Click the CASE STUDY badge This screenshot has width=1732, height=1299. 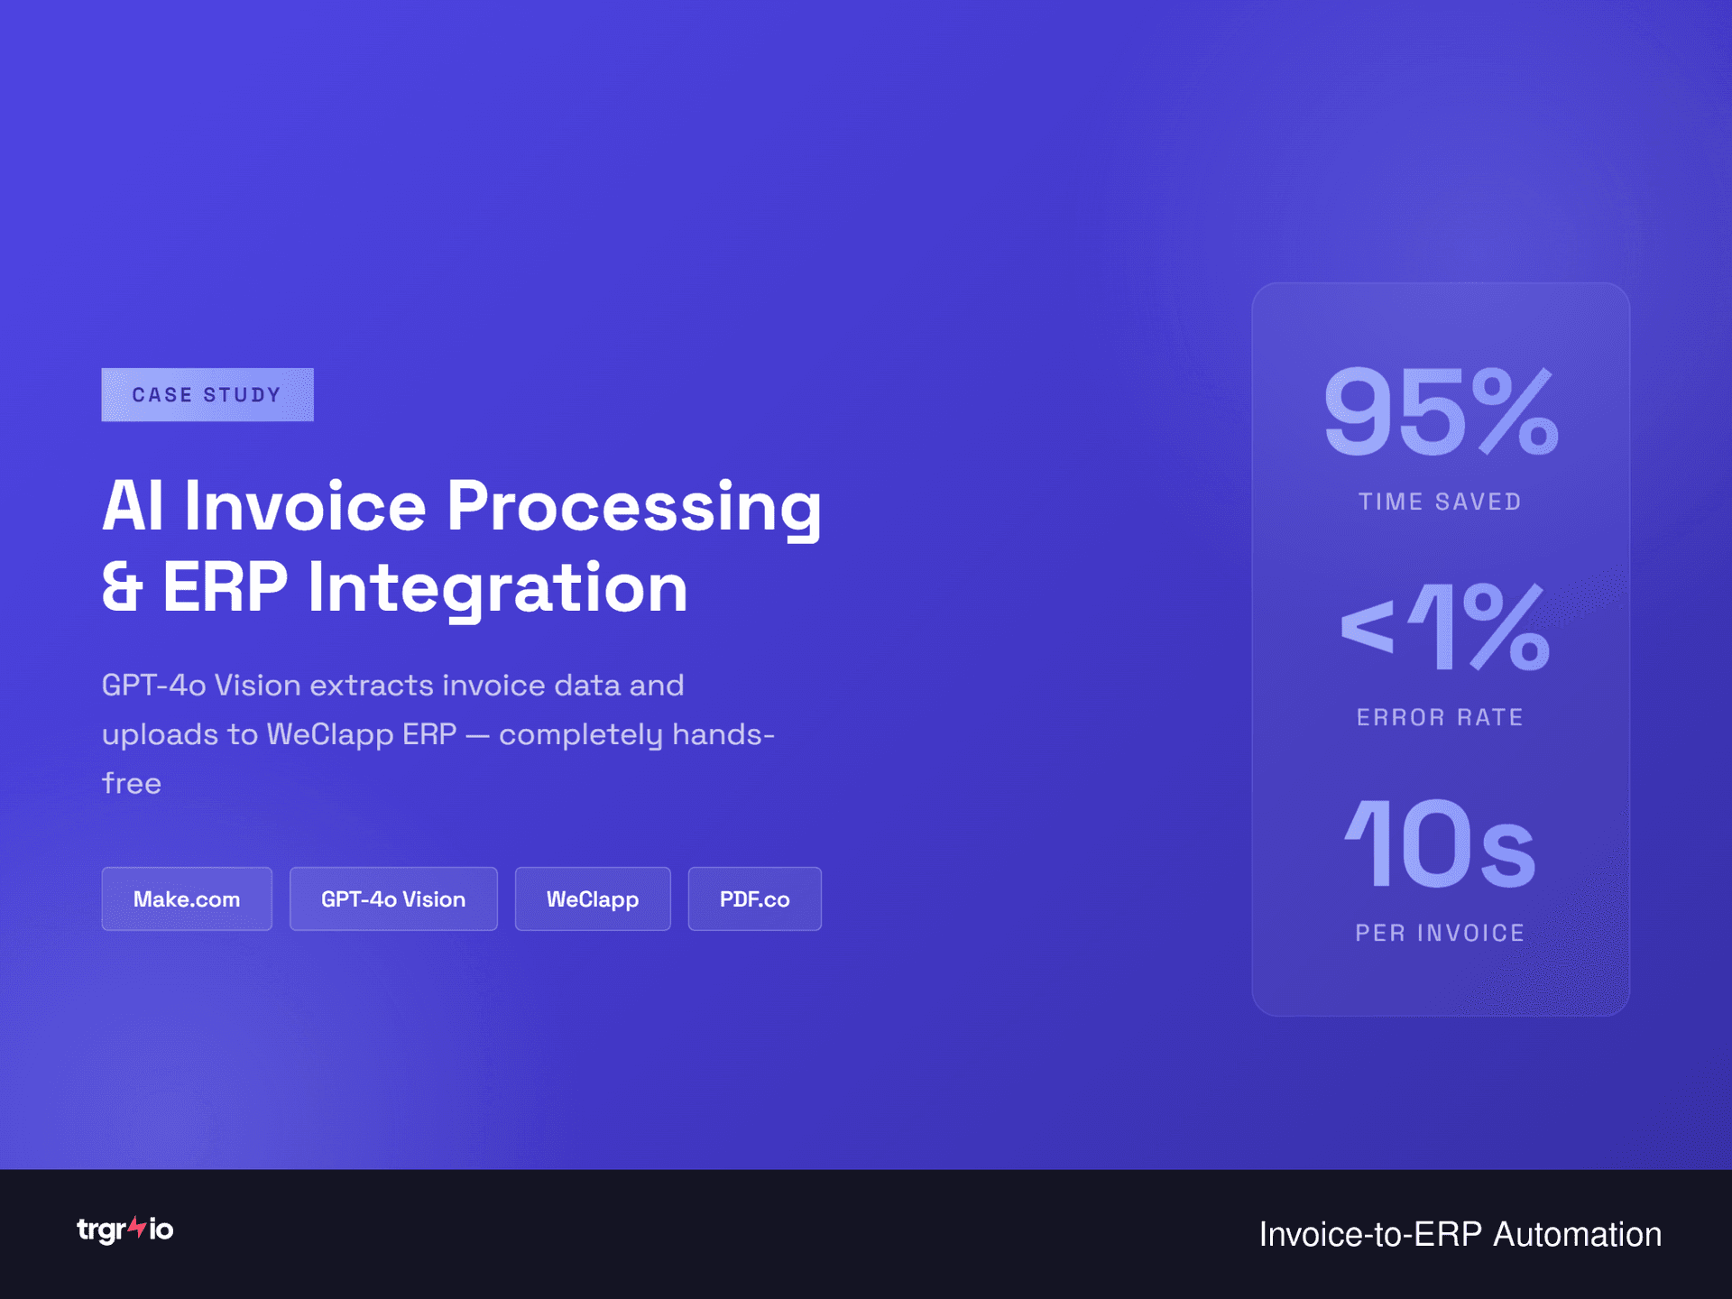click(207, 394)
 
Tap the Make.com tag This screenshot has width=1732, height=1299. click(187, 898)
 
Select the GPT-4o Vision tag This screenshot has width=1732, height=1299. click(393, 898)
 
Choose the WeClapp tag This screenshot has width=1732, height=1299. click(593, 898)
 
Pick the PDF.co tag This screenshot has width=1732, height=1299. click(754, 898)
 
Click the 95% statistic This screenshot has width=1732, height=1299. click(1441, 412)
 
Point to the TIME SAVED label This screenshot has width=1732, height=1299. click(1441, 502)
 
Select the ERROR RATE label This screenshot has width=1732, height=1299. click(1441, 717)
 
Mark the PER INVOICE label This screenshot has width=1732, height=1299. click(1441, 933)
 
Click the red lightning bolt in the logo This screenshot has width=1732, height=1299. click(137, 1227)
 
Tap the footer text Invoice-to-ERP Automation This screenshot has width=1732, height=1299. click(1460, 1234)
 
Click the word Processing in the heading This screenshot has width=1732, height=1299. click(634, 507)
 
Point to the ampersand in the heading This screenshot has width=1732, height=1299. click(123, 588)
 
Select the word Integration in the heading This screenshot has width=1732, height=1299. click(498, 588)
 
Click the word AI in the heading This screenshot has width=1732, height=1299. click(133, 507)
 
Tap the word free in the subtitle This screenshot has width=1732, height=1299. click(132, 783)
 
